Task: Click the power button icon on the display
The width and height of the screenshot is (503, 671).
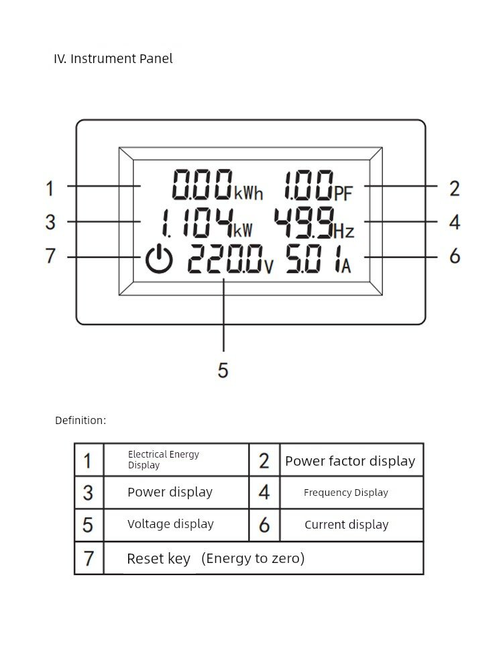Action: [x=160, y=260]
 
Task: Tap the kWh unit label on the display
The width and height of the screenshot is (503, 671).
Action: [x=248, y=194]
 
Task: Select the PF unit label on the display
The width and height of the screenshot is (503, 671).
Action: [x=343, y=194]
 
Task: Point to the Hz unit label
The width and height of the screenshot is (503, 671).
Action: [x=344, y=231]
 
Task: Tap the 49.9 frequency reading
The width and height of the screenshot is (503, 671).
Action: [x=304, y=223]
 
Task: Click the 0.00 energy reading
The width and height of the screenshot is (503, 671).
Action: [x=202, y=185]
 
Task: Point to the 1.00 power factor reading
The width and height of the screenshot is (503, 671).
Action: [x=308, y=185]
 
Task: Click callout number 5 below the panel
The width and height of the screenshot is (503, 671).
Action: [x=223, y=370]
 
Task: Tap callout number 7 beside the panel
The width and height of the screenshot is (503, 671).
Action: [x=51, y=256]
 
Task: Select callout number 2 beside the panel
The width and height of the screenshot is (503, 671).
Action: [x=455, y=189]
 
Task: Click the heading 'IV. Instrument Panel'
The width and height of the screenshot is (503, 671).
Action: [x=113, y=59]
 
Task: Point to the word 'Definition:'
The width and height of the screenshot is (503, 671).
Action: [x=80, y=421]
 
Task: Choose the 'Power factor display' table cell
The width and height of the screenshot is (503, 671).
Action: [x=350, y=461]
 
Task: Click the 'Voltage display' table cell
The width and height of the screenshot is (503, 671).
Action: [x=170, y=524]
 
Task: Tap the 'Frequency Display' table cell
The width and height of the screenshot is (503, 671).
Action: [x=346, y=493]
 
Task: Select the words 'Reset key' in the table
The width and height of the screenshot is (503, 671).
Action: [x=159, y=559]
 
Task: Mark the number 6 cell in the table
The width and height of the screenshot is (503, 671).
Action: [x=264, y=525]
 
